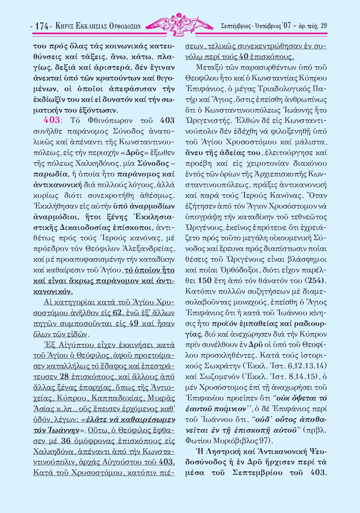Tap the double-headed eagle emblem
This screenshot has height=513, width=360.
pyautogui.click(x=180, y=24)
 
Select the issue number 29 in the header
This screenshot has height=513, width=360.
pyautogui.click(x=324, y=26)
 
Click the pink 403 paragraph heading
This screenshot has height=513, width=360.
pyautogui.click(x=52, y=120)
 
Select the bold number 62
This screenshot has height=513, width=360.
pyautogui.click(x=117, y=313)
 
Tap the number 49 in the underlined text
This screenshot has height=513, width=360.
pyautogui.click(x=134, y=324)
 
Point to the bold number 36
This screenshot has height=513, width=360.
pyautogui.click(x=66, y=441)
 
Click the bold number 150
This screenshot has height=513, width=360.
pyautogui.click(x=205, y=281)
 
